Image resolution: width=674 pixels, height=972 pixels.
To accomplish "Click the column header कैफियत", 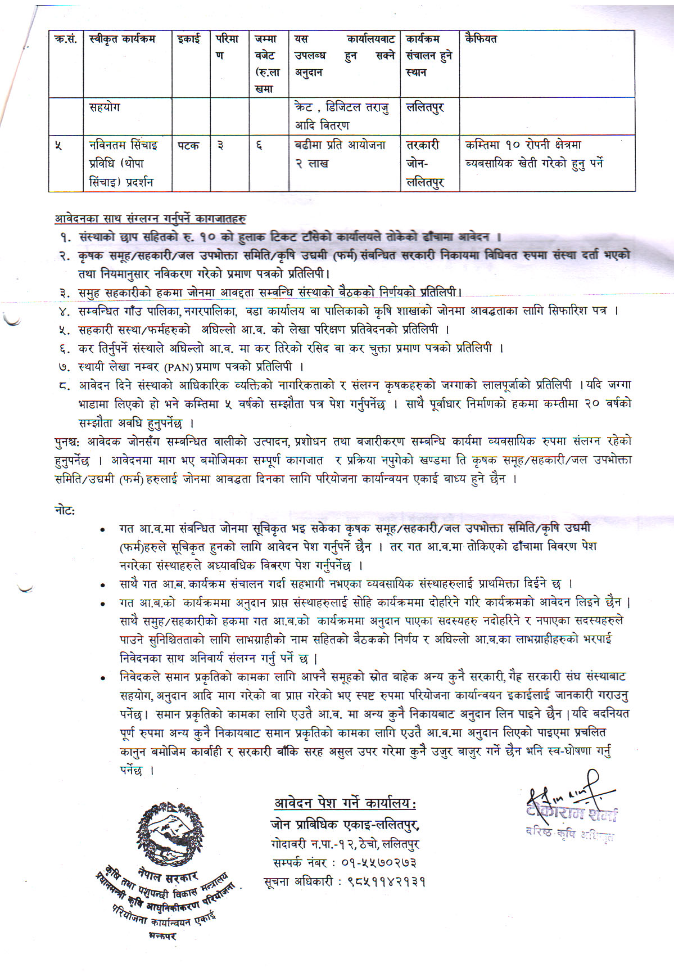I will pos(481,39).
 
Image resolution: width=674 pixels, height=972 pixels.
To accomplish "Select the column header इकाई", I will pos(189,39).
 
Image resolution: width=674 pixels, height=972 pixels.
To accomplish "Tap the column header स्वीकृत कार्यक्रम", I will pos(122,39).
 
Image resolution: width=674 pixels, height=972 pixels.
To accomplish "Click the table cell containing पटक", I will pos(189,146).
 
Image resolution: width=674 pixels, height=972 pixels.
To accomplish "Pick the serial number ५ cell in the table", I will pos(59,146).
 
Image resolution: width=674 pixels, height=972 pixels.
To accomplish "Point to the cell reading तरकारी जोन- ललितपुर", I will pos(425,164).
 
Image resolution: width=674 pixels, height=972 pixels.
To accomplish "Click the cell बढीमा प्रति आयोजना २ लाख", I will pos(340,154).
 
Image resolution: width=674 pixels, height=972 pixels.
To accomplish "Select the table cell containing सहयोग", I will pos(105,107).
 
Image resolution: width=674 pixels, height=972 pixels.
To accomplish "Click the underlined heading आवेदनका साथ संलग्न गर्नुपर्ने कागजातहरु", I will pos(150,218).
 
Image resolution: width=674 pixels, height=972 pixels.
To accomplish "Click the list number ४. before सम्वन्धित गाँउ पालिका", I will pos(64,311).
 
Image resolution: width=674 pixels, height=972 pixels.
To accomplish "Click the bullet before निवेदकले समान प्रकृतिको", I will pos(102,678).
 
